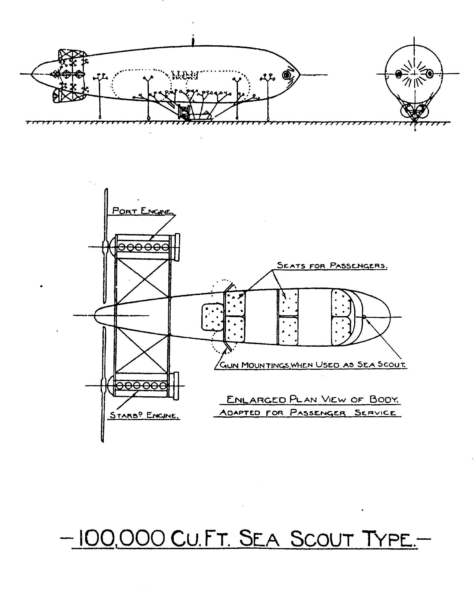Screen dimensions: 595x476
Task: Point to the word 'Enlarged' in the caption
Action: (x=256, y=399)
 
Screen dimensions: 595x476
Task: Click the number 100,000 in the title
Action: (x=122, y=538)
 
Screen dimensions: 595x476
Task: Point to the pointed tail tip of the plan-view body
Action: (x=96, y=315)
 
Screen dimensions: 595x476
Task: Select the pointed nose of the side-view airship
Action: (x=298, y=75)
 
